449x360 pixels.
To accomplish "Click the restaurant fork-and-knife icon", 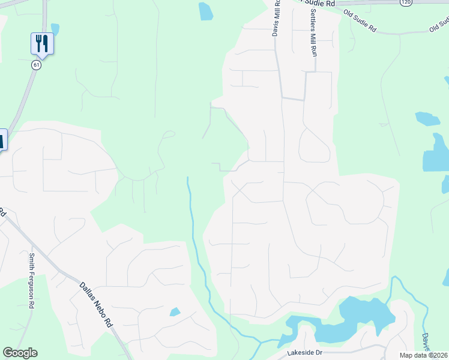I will pos(42,43).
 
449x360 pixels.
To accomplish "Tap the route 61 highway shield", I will pos(37,65).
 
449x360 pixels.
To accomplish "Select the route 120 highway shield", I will pos(406,3).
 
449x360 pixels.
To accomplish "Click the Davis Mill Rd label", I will pos(277,18).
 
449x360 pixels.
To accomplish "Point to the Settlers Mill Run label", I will pos(313,32).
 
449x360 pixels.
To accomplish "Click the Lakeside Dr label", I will pos(304,353).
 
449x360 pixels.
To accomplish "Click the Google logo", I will pos(20,353).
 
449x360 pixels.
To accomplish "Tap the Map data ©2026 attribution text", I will pos(424,355).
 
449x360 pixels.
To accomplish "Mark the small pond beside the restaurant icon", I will pos(55,29).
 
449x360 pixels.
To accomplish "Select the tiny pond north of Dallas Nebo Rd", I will pos(175,312).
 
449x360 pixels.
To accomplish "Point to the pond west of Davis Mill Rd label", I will pos(205,11).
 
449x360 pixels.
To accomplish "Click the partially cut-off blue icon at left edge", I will pos(2,140).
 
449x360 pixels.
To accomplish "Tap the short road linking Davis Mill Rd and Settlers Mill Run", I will pos(294,98).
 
